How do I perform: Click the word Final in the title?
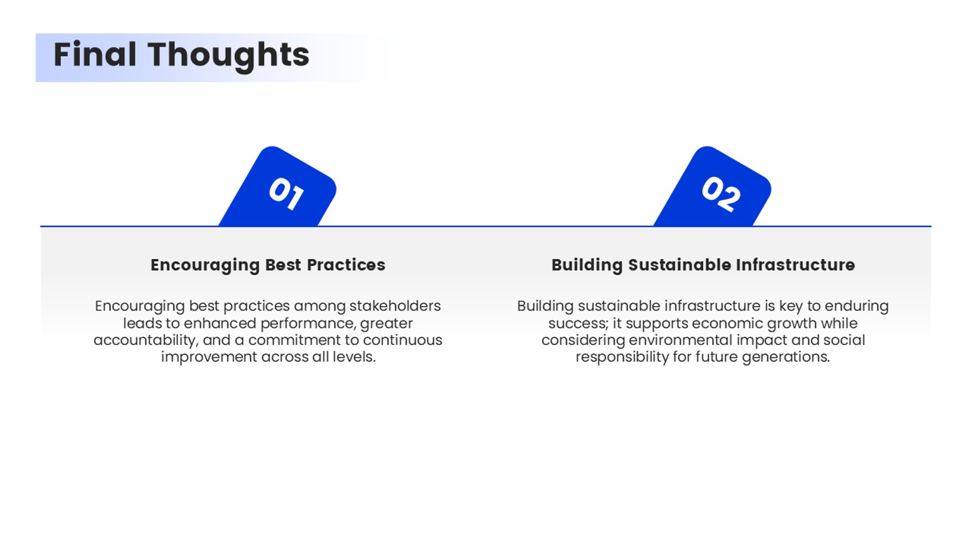click(95, 54)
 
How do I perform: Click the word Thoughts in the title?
click(228, 56)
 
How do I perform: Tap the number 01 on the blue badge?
click(287, 193)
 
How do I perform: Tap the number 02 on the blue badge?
click(721, 193)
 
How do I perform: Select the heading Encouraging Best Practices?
click(268, 265)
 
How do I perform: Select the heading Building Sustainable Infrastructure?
click(703, 265)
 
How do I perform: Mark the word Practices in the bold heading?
click(346, 264)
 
